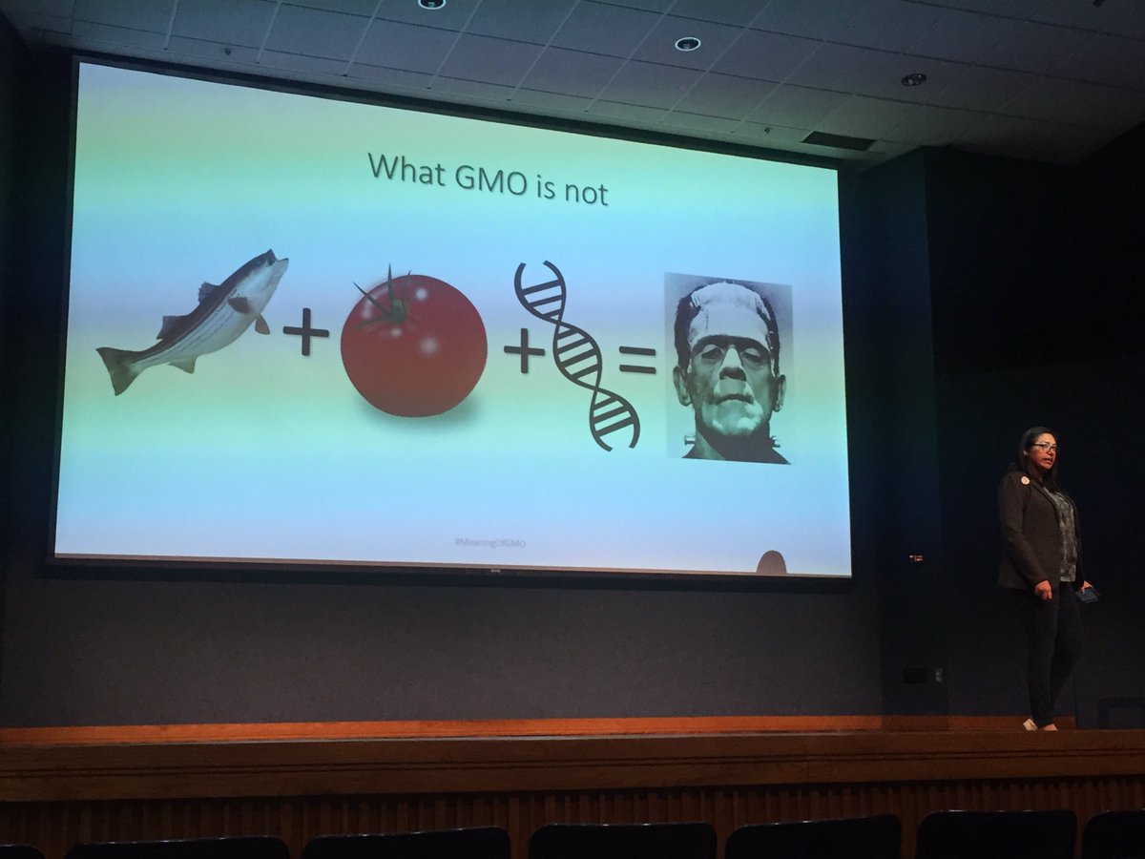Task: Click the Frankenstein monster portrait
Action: click(x=728, y=368)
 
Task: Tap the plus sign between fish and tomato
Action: click(x=305, y=336)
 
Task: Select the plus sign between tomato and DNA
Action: click(x=524, y=354)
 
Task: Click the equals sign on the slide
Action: click(x=637, y=360)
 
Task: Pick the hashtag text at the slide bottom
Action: click(x=490, y=542)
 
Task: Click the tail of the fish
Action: click(x=117, y=369)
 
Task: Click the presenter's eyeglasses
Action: click(x=1044, y=448)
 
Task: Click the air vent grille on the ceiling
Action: click(x=839, y=140)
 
